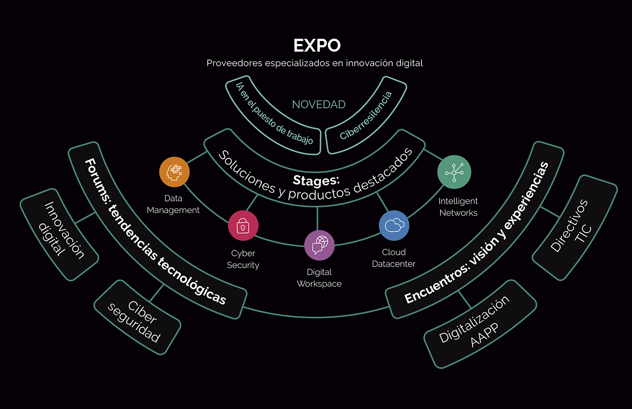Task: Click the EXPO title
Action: click(317, 46)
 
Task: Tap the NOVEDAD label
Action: click(319, 104)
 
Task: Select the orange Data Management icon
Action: click(174, 172)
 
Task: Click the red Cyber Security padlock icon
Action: click(243, 226)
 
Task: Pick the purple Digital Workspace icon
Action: click(319, 245)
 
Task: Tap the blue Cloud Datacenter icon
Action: click(394, 225)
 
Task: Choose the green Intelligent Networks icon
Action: click(454, 172)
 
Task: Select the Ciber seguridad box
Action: click(137, 317)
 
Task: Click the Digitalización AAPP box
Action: click(480, 324)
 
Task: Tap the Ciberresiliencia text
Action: click(366, 115)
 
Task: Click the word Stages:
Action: click(316, 180)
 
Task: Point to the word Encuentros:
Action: click(436, 284)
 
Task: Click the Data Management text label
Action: click(173, 204)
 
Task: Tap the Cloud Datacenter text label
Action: click(394, 258)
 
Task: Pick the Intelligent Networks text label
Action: click(458, 207)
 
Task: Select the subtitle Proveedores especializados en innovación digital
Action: click(314, 63)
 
